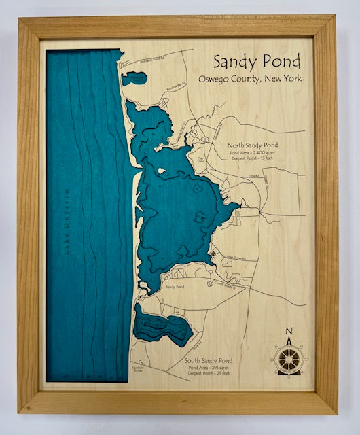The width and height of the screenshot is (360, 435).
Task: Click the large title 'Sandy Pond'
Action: click(256, 61)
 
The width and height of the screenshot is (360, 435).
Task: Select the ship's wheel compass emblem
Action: click(289, 358)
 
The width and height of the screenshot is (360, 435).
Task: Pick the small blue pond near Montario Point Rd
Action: click(134, 78)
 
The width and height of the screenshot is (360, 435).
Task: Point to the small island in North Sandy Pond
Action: click(162, 171)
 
